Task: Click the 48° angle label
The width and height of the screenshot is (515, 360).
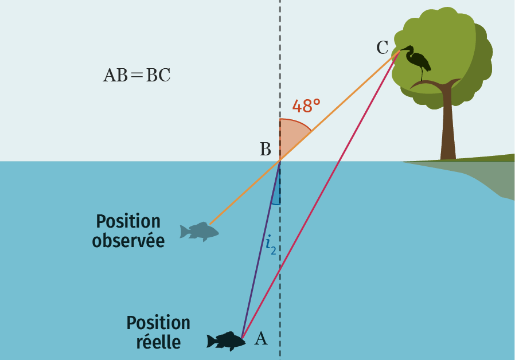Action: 306,107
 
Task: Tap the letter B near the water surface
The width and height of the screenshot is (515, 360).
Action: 265,150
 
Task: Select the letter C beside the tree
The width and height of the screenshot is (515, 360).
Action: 383,48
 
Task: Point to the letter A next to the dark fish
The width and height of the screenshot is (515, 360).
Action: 260,339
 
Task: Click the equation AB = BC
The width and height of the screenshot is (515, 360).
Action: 136,76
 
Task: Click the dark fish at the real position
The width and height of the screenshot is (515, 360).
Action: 225,340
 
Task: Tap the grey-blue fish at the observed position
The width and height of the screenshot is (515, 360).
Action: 199,231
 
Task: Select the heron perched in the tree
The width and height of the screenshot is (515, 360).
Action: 418,60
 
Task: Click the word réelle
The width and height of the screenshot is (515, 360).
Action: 158,342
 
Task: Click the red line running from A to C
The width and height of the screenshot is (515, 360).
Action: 321,195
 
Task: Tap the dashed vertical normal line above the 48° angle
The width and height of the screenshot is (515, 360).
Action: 280,57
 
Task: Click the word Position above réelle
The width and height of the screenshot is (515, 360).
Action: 158,323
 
